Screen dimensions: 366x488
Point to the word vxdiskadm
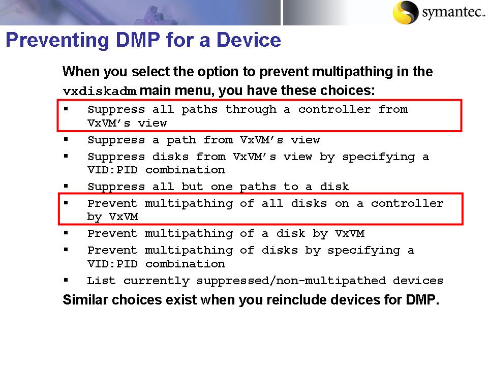tap(100, 92)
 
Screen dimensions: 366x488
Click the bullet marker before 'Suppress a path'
tap(66, 139)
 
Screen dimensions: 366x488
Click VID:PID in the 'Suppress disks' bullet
tap(113, 170)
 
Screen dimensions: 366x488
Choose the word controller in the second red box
tap(407, 203)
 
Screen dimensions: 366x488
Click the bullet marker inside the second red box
tap(66, 203)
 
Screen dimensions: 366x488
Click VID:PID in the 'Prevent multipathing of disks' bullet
tap(113, 264)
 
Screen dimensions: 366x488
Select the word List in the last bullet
tap(101, 281)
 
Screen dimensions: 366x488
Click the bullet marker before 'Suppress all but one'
tap(66, 186)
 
